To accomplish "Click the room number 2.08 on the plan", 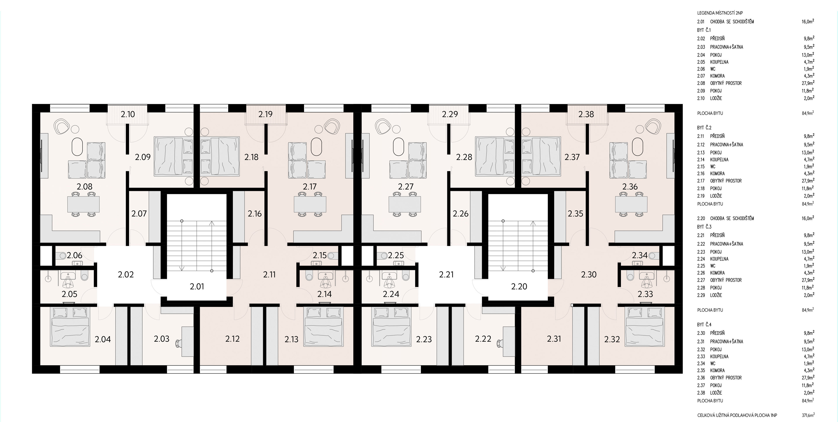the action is pyautogui.click(x=85, y=187).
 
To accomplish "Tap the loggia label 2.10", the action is pyautogui.click(x=128, y=114).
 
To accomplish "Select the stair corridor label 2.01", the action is pyautogui.click(x=197, y=286).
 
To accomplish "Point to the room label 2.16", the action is pyautogui.click(x=255, y=214).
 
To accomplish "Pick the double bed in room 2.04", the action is pyautogui.click(x=70, y=327).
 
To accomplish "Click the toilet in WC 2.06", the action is pyautogui.click(x=61, y=256).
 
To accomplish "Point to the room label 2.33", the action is pyautogui.click(x=645, y=294).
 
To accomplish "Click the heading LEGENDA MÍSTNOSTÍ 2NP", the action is pyautogui.click(x=720, y=13).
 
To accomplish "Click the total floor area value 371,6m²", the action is pyautogui.click(x=808, y=415).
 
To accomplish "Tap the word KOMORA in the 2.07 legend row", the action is pyautogui.click(x=717, y=76).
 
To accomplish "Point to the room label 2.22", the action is pyautogui.click(x=483, y=339).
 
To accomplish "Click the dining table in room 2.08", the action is pyautogui.click(x=84, y=204).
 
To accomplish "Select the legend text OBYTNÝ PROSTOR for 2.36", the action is pyautogui.click(x=726, y=378).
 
